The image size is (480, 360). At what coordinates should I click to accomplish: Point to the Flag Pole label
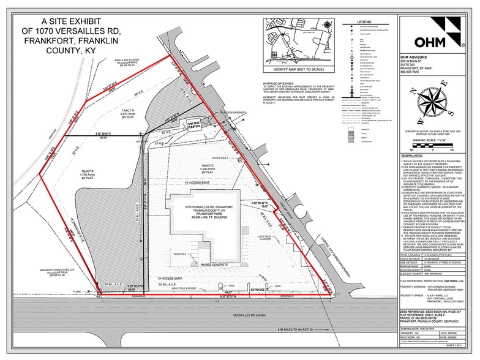[163, 253]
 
